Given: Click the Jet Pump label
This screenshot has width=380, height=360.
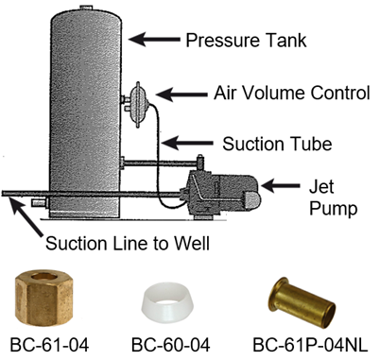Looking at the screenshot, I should [337, 194].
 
